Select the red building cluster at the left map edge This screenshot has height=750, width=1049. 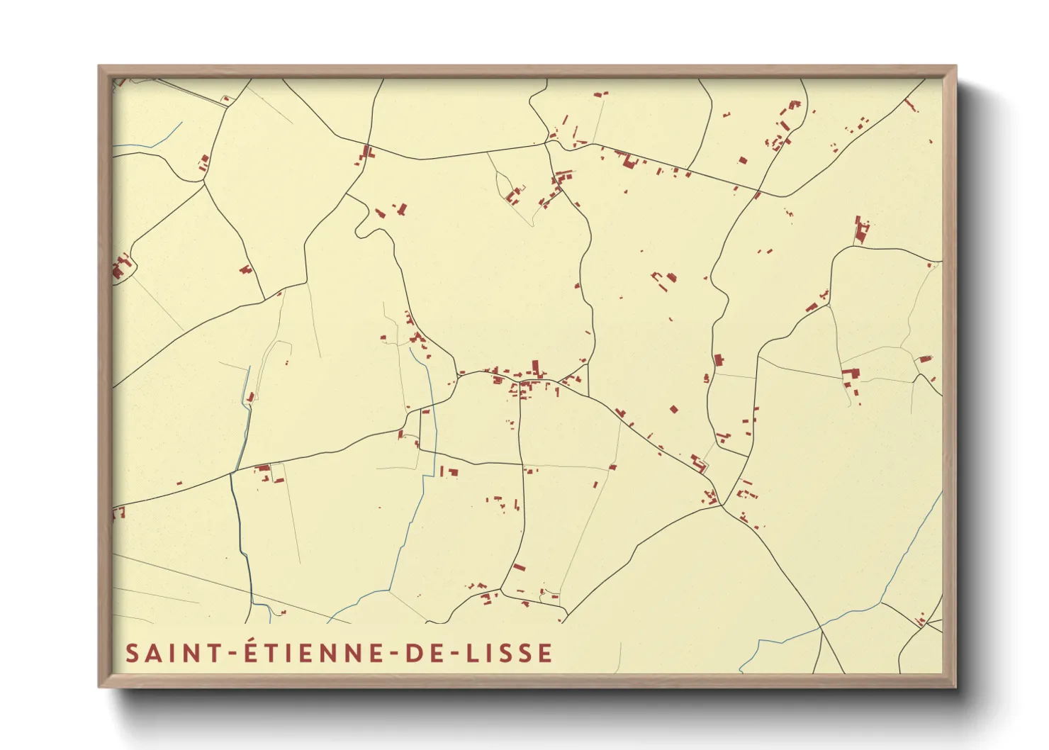(120, 269)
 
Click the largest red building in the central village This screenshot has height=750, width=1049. (535, 367)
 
